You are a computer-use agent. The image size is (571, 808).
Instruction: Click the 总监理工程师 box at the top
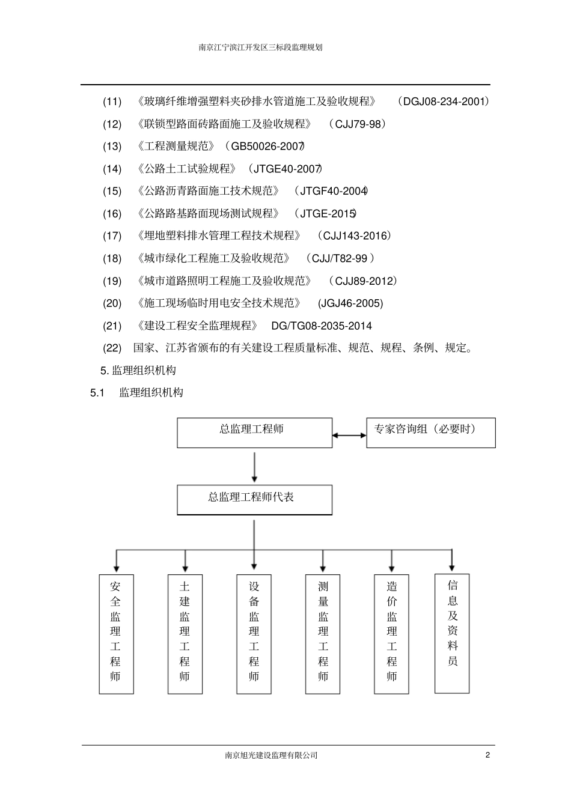[254, 433]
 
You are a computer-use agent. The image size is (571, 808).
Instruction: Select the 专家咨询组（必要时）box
[430, 433]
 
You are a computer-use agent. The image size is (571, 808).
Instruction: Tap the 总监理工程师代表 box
[254, 500]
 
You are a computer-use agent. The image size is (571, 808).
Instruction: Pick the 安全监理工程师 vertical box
[116, 634]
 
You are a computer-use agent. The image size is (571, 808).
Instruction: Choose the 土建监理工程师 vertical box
[185, 634]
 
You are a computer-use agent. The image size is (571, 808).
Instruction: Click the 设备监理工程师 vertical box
[254, 634]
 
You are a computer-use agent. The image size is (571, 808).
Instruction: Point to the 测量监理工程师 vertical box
[323, 634]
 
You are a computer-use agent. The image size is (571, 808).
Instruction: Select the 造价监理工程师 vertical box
[392, 634]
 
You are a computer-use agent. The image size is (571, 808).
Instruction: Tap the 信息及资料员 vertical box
[452, 633]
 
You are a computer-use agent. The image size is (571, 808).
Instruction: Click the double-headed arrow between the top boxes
[349, 435]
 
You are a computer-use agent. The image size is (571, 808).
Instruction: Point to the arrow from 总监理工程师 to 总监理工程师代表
[255, 467]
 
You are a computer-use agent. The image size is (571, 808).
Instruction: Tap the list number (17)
[112, 236]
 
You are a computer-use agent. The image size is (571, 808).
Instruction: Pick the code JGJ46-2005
[350, 303]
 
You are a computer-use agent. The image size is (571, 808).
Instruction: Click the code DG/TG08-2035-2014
[322, 326]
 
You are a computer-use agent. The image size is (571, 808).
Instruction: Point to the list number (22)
[112, 348]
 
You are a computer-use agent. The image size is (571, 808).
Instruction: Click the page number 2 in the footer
[487, 755]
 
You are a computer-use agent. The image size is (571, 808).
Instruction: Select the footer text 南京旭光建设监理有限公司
[271, 756]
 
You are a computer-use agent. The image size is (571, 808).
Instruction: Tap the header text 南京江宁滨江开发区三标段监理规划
[261, 47]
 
